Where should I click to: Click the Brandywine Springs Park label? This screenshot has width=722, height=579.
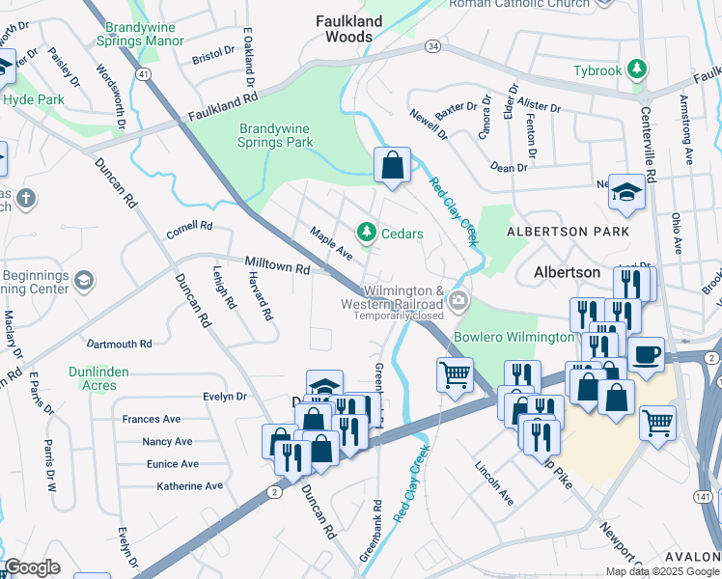click(x=276, y=135)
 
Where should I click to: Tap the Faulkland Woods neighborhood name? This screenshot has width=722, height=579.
click(x=349, y=29)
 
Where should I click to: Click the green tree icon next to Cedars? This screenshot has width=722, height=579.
click(x=366, y=233)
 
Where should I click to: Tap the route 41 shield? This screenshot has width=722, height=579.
click(x=143, y=73)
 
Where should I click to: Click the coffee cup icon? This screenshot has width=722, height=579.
click(x=646, y=352)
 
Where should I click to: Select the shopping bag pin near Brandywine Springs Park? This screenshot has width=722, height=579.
click(x=392, y=165)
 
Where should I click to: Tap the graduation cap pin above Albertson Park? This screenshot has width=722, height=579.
click(x=626, y=192)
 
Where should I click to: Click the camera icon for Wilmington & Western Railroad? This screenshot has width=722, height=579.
click(x=459, y=301)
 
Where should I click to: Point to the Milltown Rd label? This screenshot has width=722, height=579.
click(x=277, y=264)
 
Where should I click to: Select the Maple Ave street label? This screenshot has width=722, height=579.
click(x=331, y=243)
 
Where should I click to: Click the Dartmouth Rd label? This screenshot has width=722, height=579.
click(x=120, y=344)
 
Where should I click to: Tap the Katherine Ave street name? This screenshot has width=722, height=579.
click(x=190, y=486)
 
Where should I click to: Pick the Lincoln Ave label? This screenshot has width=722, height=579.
click(x=493, y=482)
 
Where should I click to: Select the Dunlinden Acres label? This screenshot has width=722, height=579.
click(x=105, y=378)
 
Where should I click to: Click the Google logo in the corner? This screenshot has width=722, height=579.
click(x=32, y=567)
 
